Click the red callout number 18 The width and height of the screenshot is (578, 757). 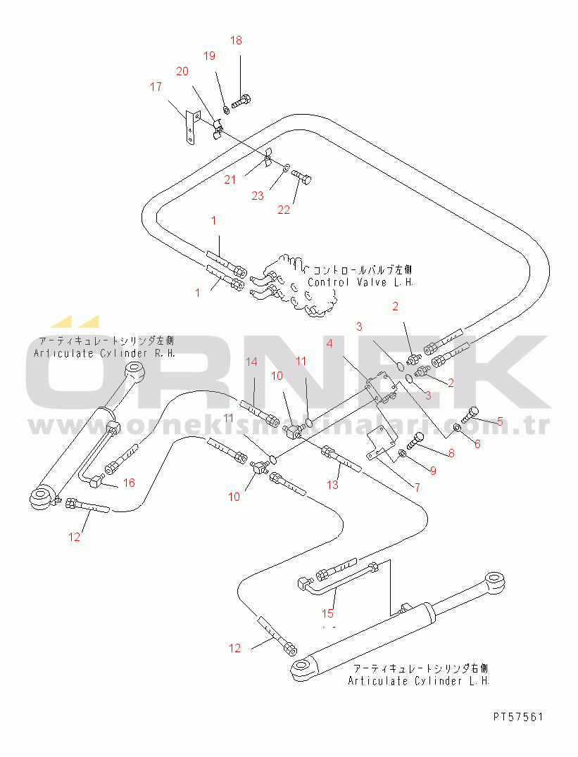click(236, 41)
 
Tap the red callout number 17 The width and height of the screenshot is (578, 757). click(156, 87)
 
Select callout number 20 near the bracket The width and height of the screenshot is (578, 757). click(182, 71)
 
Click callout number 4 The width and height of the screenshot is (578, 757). click(328, 345)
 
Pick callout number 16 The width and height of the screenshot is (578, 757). click(129, 483)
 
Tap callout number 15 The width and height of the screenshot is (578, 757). click(328, 613)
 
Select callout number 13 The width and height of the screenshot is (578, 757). click(333, 485)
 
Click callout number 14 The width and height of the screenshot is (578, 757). click(251, 362)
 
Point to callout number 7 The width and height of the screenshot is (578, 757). click(417, 487)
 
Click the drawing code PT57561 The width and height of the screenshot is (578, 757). click(518, 717)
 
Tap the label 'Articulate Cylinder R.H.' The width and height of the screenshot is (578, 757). click(104, 352)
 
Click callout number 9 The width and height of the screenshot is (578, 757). click(433, 471)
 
